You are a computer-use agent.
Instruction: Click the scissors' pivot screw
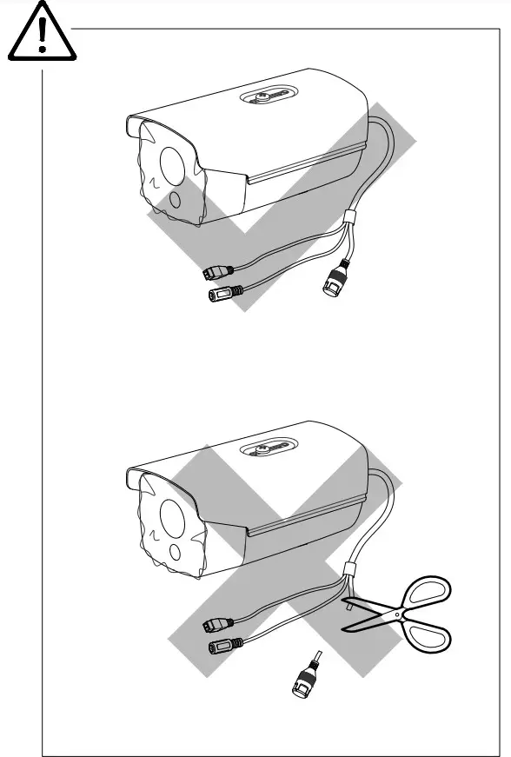click(397, 614)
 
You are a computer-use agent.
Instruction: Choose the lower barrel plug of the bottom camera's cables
click(222, 647)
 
